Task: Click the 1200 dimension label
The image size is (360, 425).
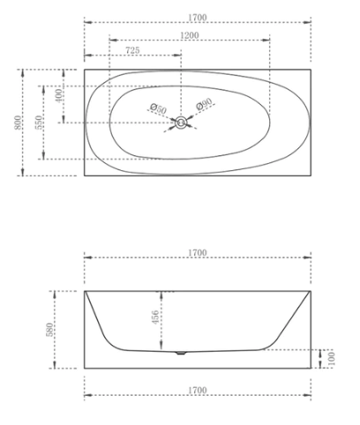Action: [187, 35]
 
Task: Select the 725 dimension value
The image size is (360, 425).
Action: [131, 51]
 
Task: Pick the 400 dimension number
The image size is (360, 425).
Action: [59, 95]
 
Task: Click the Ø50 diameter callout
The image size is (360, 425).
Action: [157, 108]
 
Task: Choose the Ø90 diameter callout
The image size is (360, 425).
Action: [205, 105]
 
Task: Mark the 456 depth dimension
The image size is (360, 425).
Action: [156, 317]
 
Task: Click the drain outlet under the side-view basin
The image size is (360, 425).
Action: [181, 354]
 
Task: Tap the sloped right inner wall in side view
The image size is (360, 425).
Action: [291, 319]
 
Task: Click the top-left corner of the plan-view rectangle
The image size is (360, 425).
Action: [84, 68]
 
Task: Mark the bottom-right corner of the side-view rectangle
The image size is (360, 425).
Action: [311, 369]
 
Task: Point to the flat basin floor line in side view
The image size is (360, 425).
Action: [221, 350]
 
